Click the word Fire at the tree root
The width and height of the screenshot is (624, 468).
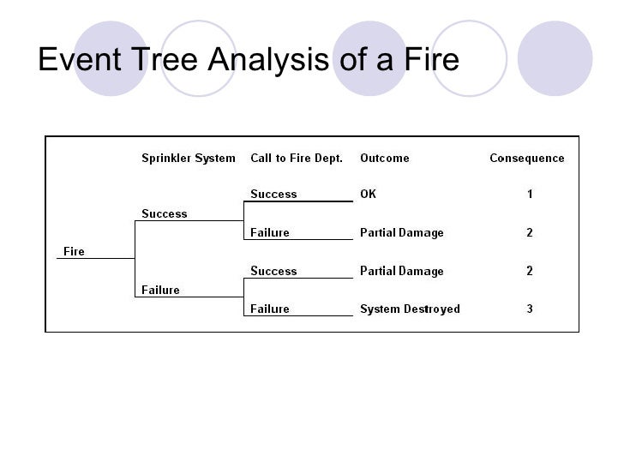click(x=74, y=251)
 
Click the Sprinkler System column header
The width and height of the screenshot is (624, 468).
click(x=188, y=158)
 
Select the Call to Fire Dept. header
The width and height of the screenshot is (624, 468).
click(x=297, y=158)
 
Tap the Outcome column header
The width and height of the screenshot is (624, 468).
click(x=384, y=158)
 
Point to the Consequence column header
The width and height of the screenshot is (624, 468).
click(x=526, y=158)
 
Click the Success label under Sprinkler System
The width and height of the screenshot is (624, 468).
click(x=164, y=213)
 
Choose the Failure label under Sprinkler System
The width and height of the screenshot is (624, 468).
click(x=160, y=290)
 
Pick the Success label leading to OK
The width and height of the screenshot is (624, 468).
click(x=273, y=194)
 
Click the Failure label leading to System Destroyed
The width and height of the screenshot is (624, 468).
click(x=269, y=309)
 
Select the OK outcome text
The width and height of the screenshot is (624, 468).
click(x=368, y=194)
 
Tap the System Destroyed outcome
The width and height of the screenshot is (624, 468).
click(x=410, y=309)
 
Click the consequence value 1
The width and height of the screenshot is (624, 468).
click(x=530, y=194)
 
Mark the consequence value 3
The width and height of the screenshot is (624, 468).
click(x=530, y=309)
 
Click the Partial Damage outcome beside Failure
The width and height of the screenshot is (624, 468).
click(x=401, y=232)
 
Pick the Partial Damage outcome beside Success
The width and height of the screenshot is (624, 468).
click(x=401, y=271)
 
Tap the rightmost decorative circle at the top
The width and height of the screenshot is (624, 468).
click(x=555, y=57)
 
